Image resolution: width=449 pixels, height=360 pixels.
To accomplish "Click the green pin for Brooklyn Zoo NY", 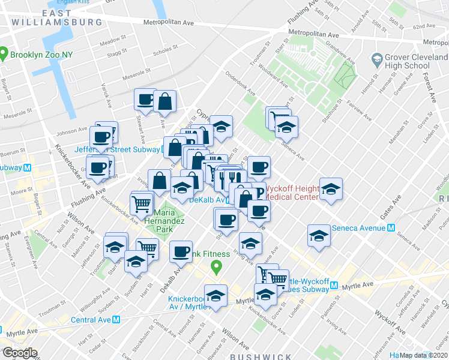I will coord(4,55).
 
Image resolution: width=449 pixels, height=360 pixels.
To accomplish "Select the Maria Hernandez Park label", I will coord(163,221).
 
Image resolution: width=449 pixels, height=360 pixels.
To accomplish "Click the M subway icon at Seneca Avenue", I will coord(391,228).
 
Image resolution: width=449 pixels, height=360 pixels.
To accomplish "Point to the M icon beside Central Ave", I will coord(117,320).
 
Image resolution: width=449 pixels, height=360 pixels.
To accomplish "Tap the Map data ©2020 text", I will coord(423,355).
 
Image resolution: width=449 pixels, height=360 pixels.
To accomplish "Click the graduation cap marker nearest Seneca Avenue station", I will coord(319,235).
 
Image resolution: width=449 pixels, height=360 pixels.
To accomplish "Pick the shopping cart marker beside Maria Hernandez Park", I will coord(142,202).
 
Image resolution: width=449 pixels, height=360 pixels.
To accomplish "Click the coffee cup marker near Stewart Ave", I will coord(145,100).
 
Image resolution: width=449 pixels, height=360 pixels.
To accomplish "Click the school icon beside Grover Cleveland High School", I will coord(377,60).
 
